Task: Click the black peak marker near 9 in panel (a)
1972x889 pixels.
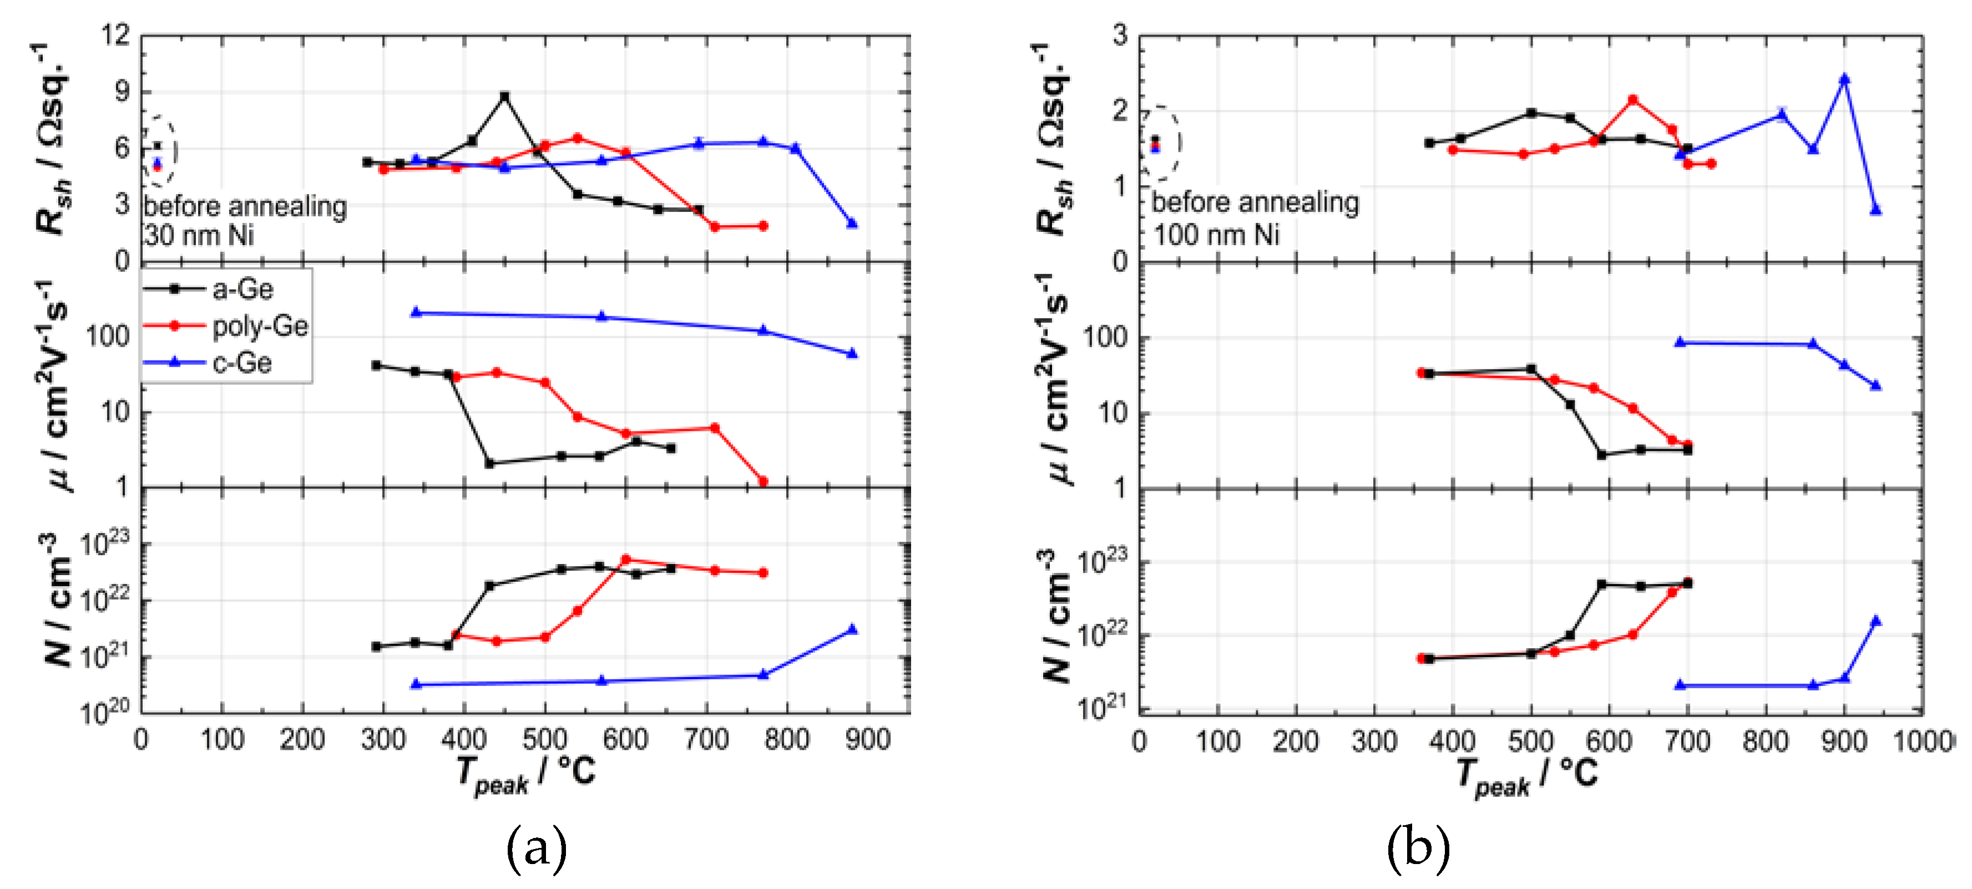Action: pos(504,97)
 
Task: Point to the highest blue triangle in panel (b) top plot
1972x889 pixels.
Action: pos(1844,79)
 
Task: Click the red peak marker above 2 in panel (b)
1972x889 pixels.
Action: pos(1633,99)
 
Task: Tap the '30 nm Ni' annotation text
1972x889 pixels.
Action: pos(199,235)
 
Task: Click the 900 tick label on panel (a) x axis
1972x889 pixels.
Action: pos(867,740)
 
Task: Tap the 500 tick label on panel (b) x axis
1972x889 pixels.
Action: pos(1530,742)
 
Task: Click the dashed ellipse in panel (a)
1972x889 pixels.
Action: pos(159,151)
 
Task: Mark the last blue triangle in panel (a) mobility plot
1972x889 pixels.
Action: pos(852,353)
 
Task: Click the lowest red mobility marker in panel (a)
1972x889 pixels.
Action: pos(762,481)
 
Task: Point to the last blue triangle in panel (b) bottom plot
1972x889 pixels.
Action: pos(1875,621)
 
